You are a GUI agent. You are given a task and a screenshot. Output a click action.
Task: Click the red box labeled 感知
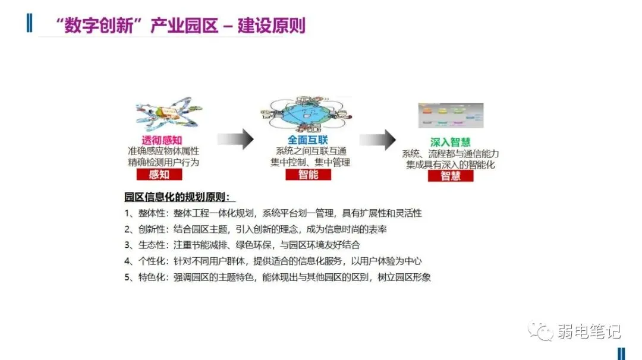coord(159,174)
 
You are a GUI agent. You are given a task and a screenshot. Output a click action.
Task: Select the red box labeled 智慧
coord(450,176)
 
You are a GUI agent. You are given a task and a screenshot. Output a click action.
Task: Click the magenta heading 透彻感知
coord(159,140)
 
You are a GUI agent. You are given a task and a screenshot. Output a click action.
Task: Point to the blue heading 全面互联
coord(303,140)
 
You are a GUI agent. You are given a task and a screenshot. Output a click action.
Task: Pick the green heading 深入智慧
coord(450,143)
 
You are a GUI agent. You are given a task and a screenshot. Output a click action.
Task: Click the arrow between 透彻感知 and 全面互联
coord(236,140)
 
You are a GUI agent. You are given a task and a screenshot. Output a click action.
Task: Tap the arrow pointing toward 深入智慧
coord(378,140)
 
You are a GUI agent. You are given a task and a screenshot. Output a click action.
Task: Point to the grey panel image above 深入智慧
coord(450,115)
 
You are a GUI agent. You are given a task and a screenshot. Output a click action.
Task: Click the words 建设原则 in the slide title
coord(272,26)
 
